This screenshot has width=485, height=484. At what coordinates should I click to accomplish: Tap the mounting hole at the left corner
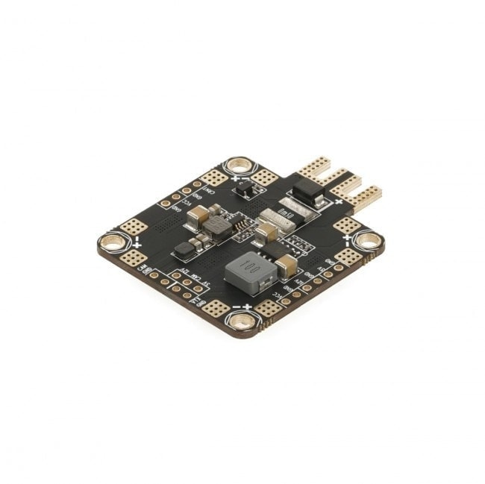tap(112, 242)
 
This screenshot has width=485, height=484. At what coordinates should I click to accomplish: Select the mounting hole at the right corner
tap(368, 240)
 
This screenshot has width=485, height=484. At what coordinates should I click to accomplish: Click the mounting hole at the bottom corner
tap(241, 321)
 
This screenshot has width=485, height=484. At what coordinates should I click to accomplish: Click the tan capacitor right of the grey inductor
tap(286, 266)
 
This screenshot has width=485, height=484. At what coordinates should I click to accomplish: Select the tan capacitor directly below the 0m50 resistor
tap(266, 233)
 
